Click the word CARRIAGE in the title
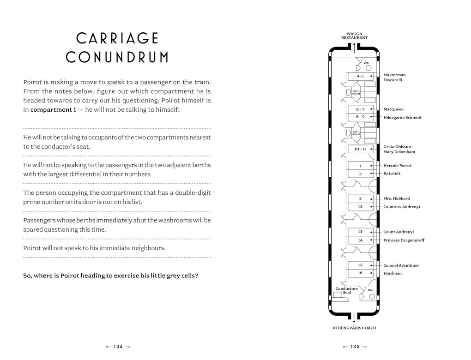117,38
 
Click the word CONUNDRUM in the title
117,58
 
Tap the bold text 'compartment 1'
53,110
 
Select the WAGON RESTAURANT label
354,36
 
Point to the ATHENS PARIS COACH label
354,328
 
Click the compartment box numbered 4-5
360,76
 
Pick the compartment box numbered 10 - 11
360,149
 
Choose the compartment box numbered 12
360,206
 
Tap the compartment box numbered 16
360,273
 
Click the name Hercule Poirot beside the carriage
397,165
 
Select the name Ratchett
392,174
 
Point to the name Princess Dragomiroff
404,240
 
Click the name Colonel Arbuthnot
401,265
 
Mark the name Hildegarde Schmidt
402,117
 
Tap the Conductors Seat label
347,290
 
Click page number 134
118,347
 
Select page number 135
354,347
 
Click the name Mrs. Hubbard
396,198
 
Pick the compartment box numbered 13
360,232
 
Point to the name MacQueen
393,109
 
